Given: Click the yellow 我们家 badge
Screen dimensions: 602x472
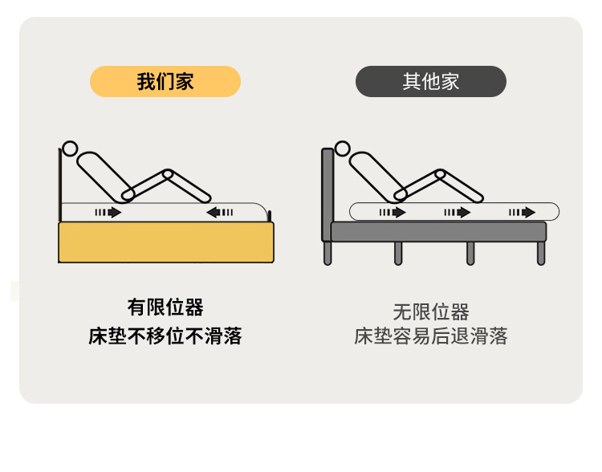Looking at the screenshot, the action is pos(165,81).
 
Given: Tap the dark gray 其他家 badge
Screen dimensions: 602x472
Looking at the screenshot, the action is pos(430,81).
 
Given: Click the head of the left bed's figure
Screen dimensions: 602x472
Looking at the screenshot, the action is pos(71,149).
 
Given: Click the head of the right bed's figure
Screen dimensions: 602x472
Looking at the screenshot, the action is pos(343,149).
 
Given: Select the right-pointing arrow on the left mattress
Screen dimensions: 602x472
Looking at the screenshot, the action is pos(108,213).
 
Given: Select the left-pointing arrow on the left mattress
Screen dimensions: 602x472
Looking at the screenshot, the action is pos(220,213).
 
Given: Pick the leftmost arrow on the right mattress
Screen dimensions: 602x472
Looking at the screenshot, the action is pos(392,213).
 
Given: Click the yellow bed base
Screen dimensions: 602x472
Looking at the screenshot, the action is pos(166,242).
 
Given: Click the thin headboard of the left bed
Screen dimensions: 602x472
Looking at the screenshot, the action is pos(60,185).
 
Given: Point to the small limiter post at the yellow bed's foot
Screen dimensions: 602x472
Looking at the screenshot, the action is pos(270,215).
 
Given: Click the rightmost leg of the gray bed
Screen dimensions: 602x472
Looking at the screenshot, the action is pos(540,253).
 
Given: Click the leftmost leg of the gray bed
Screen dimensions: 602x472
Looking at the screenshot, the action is pos(327,253).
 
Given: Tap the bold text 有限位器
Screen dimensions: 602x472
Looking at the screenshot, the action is pos(165,307).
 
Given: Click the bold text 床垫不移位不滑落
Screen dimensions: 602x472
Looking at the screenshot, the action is pos(165,336).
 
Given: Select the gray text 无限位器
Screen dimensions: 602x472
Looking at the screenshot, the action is pos(430,311).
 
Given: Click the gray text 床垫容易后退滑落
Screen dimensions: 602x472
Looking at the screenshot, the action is pos(430,336).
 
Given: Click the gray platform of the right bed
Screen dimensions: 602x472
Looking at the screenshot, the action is pos(438,232).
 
